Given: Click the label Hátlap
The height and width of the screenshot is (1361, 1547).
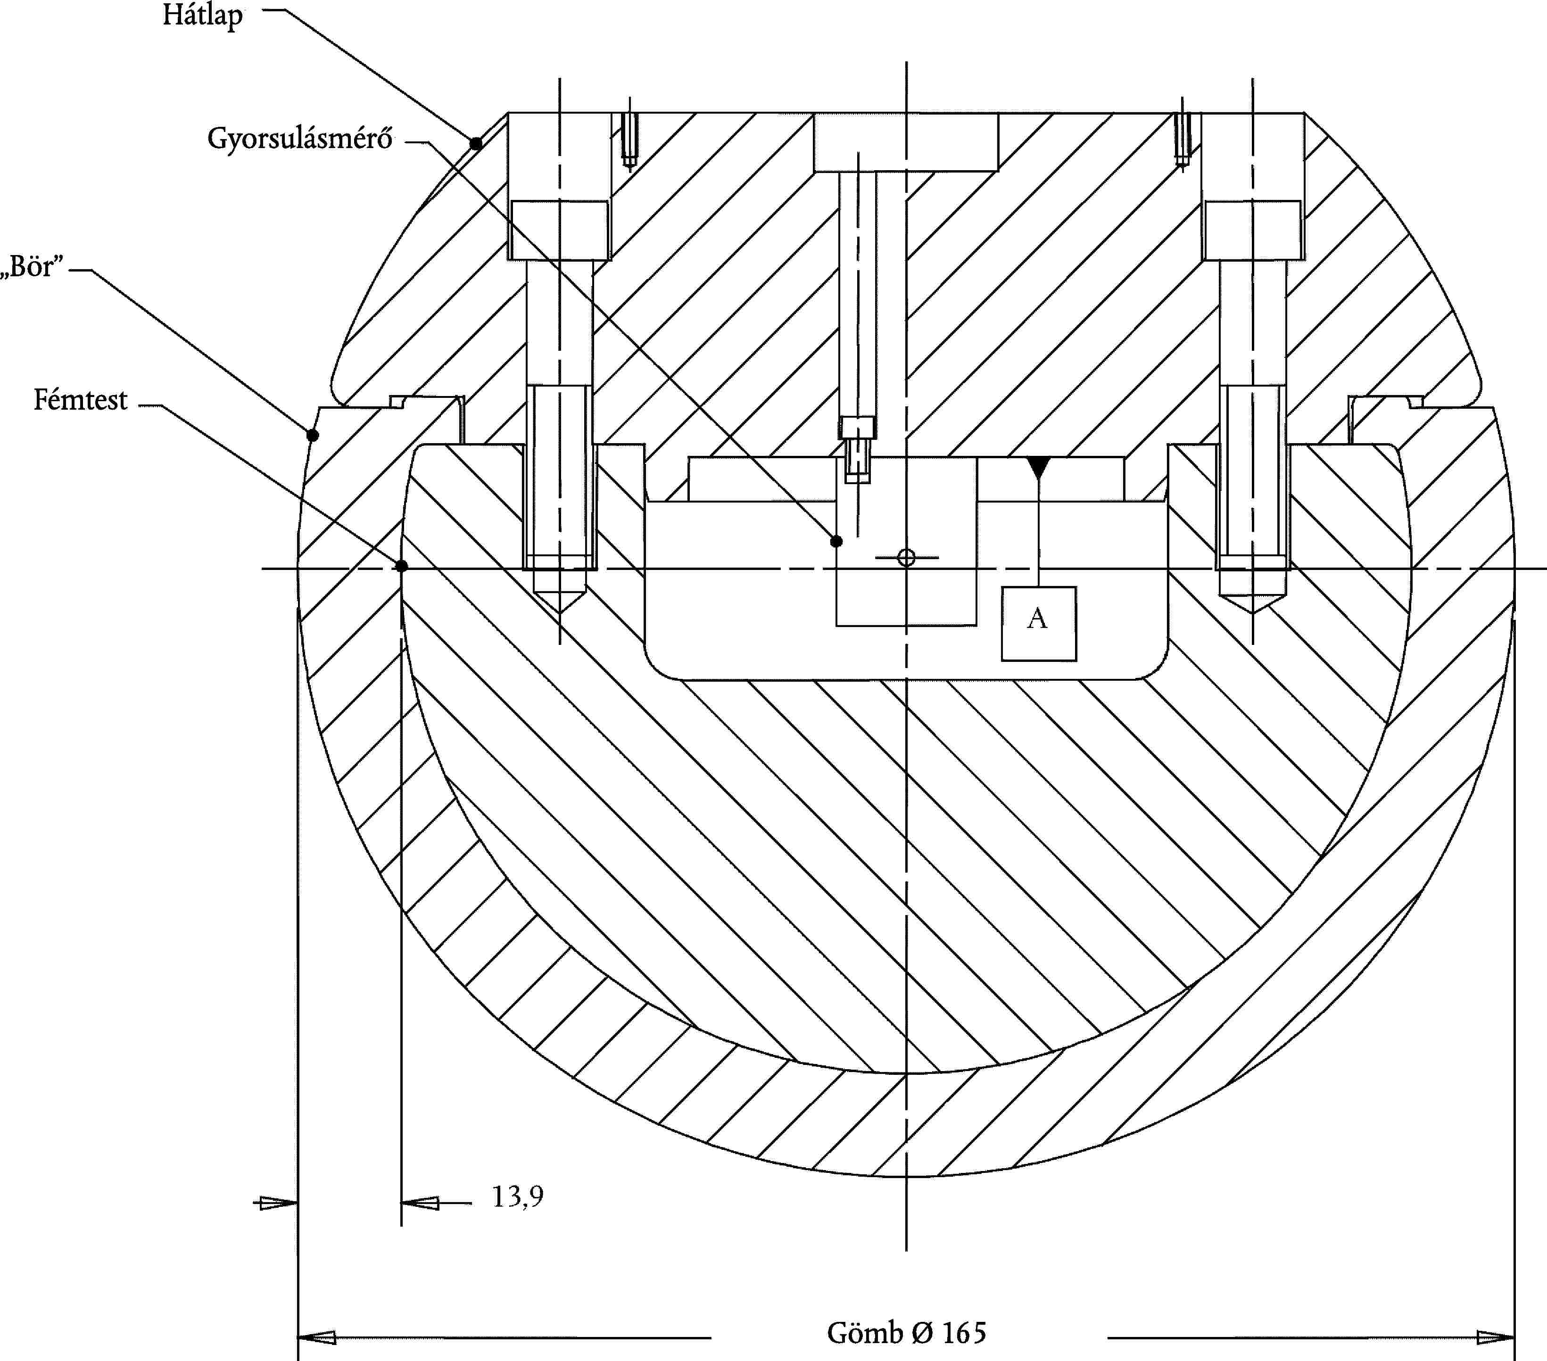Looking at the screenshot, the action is pos(203,15).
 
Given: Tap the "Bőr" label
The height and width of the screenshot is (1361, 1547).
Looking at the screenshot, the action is pos(32,266).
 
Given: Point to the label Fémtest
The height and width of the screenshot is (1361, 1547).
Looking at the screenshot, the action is pos(80,399).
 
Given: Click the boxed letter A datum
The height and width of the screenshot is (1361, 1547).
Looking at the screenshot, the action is pos(1038,623).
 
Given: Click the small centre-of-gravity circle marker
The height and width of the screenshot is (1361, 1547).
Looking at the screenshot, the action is pos(906,558).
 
